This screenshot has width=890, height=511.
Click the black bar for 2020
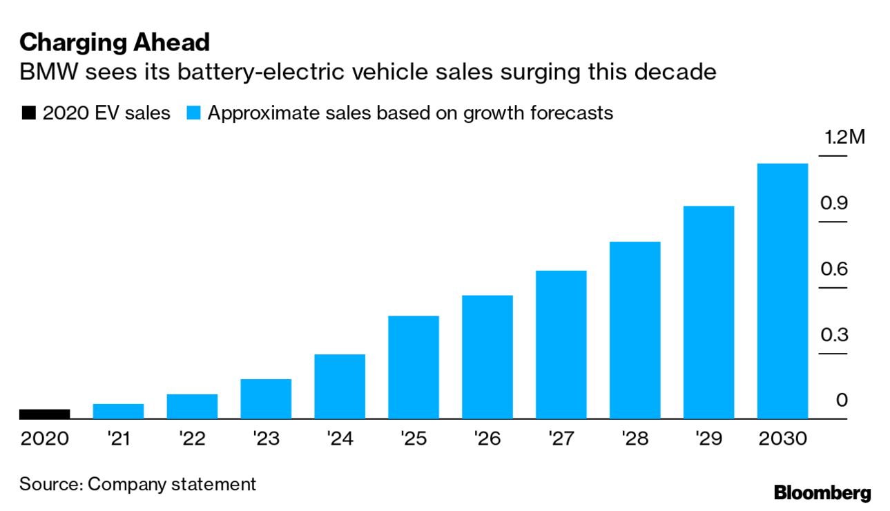pyautogui.click(x=44, y=414)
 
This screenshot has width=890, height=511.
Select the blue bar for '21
pyautogui.click(x=118, y=412)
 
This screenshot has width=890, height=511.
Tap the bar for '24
pyautogui.click(x=340, y=387)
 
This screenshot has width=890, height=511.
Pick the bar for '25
pyautogui.click(x=414, y=367)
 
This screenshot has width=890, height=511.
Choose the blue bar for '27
pyautogui.click(x=561, y=345)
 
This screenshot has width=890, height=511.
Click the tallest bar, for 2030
pyautogui.click(x=782, y=291)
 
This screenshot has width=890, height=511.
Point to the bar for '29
pyautogui.click(x=708, y=312)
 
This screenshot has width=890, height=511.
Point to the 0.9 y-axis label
pyautogui.click(x=834, y=203)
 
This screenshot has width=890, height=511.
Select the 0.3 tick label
pyautogui.click(x=834, y=336)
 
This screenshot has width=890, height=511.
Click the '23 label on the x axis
pyautogui.click(x=266, y=438)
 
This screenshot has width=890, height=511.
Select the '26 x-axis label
pyautogui.click(x=487, y=438)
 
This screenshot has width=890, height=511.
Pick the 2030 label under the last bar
pyautogui.click(x=782, y=438)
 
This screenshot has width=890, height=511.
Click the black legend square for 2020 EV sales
pyautogui.click(x=29, y=114)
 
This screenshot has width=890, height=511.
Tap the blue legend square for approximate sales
pyautogui.click(x=194, y=114)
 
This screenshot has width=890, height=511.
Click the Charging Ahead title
pyautogui.click(x=114, y=43)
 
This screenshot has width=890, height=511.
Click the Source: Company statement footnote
pyautogui.click(x=137, y=484)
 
